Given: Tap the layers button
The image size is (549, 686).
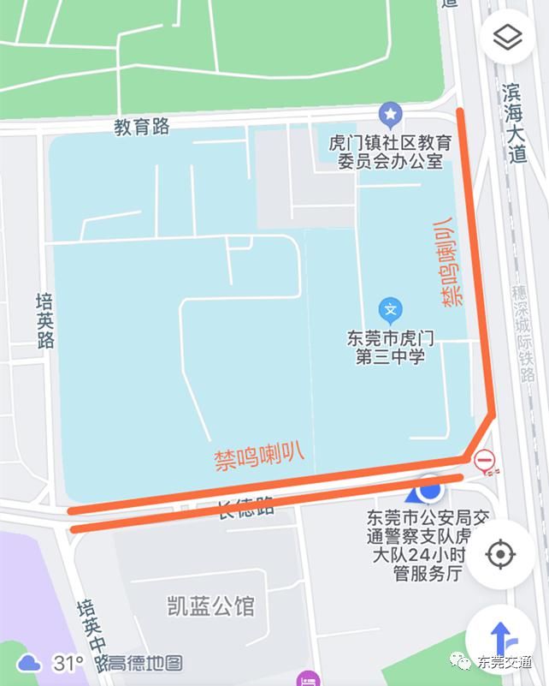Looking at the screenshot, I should tap(508, 37).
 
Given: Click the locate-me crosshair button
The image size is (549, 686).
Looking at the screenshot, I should tap(499, 555).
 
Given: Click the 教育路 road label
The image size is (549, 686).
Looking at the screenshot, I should tap(142, 128).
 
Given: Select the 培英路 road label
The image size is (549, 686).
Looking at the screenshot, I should tap(44, 320).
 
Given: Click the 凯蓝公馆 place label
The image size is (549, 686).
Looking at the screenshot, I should tap(210, 606).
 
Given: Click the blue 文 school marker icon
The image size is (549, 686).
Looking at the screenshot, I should tap(390, 309).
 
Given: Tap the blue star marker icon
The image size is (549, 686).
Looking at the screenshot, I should tap(391, 112).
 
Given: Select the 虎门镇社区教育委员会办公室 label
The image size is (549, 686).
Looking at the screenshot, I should tap(390, 152).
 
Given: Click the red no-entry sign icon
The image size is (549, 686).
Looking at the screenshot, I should tap(485, 461).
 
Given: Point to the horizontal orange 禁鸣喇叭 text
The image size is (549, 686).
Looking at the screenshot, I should tap(258, 454).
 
